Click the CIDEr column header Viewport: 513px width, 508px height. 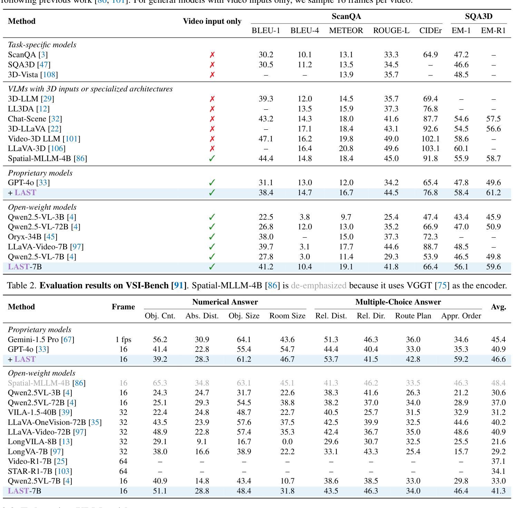(x=430, y=31)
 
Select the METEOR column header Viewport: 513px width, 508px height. (x=346, y=31)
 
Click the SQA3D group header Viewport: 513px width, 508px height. (x=479, y=16)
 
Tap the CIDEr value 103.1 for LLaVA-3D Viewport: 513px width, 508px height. (x=430, y=149)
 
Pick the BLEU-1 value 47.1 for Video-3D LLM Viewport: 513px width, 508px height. (x=266, y=139)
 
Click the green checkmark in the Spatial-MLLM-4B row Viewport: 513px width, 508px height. (x=212, y=159)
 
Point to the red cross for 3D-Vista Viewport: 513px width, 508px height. (x=212, y=74)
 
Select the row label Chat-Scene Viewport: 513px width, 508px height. (x=27, y=119)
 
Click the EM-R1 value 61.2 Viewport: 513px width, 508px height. (x=493, y=192)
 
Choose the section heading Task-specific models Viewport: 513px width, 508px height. (x=42, y=45)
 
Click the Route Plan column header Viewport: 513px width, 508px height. (x=413, y=316)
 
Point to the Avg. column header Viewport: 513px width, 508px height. (x=499, y=307)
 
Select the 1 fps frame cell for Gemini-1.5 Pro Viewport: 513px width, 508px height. (x=123, y=340)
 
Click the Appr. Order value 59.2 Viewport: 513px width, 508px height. (x=461, y=359)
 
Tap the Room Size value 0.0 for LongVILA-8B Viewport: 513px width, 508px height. (x=287, y=442)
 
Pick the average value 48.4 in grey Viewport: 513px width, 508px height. (x=499, y=383)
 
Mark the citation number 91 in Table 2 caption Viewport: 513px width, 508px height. (x=178, y=286)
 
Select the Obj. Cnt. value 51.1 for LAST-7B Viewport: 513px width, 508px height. (x=160, y=491)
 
